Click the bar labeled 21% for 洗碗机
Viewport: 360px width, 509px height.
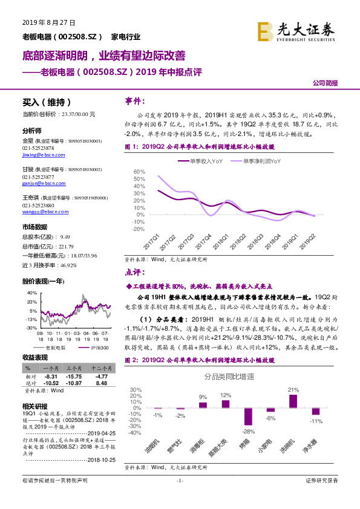[293, 400]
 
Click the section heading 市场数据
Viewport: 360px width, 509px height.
[34, 227]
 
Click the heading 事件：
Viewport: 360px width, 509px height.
[135, 100]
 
